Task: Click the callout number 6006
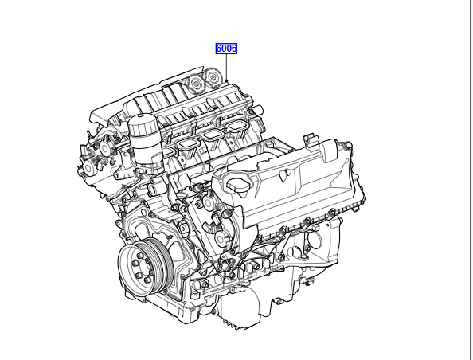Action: pos(226,49)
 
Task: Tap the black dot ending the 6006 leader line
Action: pos(226,81)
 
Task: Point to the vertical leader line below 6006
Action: pos(226,67)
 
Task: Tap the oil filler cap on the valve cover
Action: pos(238,184)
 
